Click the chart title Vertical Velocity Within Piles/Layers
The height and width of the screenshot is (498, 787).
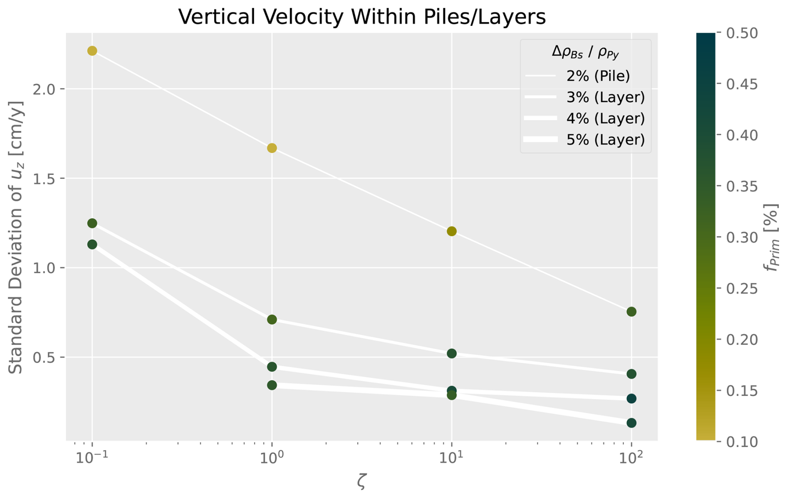(x=361, y=17)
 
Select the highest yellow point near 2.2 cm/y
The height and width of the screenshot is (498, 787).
(x=92, y=51)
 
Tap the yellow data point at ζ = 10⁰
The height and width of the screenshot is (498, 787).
(x=272, y=148)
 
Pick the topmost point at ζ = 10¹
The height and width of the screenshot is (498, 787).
(x=452, y=231)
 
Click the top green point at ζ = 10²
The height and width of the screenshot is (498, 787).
(x=631, y=312)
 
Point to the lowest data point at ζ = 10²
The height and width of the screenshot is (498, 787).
(x=631, y=423)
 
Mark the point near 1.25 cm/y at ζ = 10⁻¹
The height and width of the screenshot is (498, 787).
(x=92, y=223)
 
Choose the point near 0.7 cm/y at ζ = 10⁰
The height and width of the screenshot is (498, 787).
(x=272, y=320)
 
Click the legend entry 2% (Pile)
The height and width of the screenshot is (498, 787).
(x=598, y=76)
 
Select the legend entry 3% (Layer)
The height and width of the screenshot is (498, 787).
(x=605, y=97)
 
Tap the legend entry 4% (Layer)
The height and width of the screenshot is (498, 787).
(x=605, y=119)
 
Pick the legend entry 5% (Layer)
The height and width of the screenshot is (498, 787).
(x=605, y=140)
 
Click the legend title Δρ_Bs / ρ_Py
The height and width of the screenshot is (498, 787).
(x=585, y=52)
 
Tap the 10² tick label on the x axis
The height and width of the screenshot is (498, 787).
(x=631, y=458)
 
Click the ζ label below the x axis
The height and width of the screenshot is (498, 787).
(x=361, y=481)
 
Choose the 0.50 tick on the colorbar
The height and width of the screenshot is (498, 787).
(x=742, y=33)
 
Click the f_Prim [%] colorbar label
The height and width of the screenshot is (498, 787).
(x=772, y=237)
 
